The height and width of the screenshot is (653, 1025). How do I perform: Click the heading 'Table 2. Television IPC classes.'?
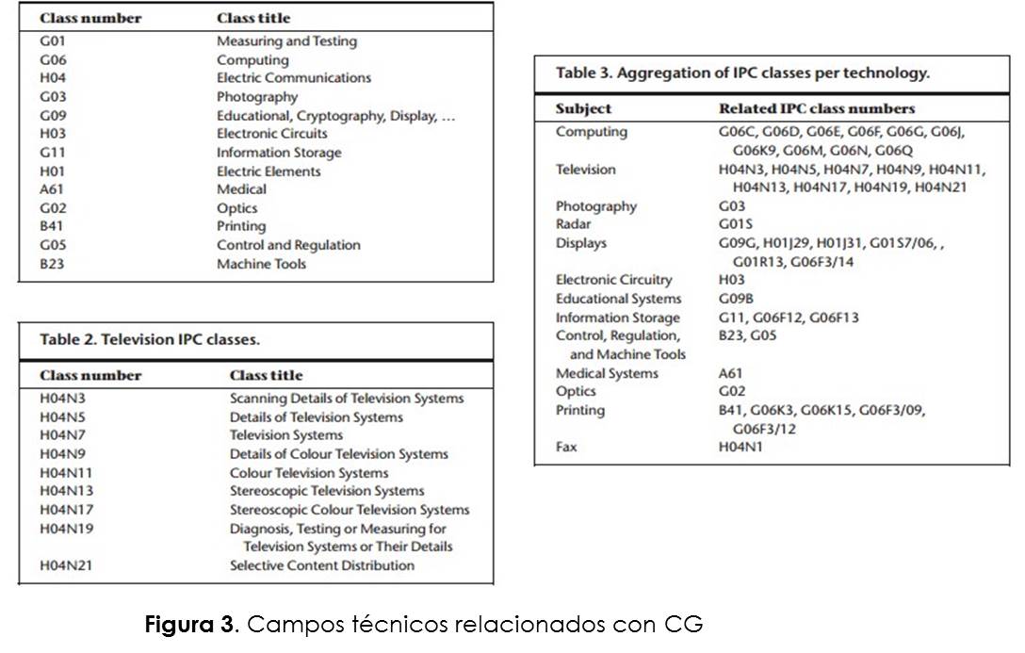150,339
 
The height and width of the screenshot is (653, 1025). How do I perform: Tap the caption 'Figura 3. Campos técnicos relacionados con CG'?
423,625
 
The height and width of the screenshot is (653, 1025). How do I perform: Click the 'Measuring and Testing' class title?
286,41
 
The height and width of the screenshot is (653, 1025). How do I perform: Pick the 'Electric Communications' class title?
294,78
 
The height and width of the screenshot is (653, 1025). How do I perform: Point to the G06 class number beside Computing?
53,60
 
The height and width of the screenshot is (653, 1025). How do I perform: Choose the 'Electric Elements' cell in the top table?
268,171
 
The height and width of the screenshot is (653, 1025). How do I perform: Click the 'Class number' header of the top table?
90,18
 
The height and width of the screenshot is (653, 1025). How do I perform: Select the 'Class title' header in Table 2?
267,375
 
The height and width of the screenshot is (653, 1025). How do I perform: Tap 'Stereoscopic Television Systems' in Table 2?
327,491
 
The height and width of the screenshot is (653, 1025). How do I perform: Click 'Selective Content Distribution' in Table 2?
322,565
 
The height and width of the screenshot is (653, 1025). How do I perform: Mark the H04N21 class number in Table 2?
67,565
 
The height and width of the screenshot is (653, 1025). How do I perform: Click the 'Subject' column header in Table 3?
583,108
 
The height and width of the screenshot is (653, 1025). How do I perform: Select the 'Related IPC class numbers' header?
817,108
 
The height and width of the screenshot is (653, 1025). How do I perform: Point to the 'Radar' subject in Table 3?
573,224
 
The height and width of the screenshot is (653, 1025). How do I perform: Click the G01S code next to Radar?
735,224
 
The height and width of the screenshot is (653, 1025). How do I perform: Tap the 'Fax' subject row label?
566,447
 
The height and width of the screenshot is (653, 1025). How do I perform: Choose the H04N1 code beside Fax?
740,447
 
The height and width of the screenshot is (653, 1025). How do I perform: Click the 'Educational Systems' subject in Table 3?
618,299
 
